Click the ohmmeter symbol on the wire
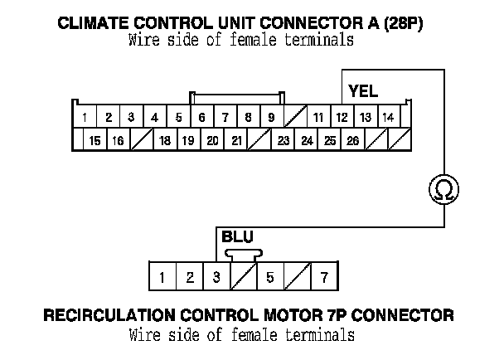pos(443,190)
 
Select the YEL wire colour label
pos(363,90)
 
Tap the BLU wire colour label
pos(238,237)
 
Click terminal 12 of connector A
pos(342,117)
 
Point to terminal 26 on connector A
pos(353,141)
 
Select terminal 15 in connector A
pos(95,141)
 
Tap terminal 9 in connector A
pos(271,117)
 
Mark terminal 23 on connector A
pos(283,141)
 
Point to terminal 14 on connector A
pos(388,117)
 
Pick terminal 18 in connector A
pos(165,141)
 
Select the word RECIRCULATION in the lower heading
pos(115,316)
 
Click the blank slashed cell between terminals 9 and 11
pos(294,117)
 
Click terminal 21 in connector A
pos(236,141)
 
